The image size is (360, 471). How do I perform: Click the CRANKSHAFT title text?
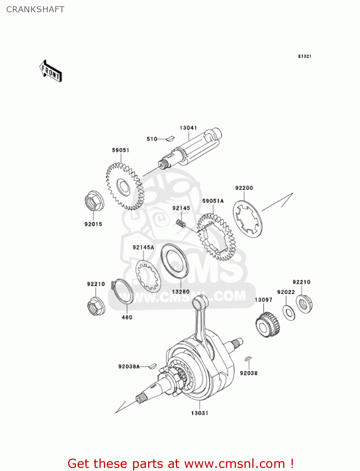point(35,9)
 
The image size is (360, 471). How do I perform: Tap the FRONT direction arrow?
point(51,72)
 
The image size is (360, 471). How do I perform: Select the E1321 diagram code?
point(304,56)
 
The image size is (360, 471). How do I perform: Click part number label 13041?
point(188,128)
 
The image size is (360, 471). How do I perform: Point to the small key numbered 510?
point(170,138)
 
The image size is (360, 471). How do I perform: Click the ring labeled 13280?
point(175,261)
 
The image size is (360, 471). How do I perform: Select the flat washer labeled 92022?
point(289,312)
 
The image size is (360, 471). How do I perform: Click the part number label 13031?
point(200,413)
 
